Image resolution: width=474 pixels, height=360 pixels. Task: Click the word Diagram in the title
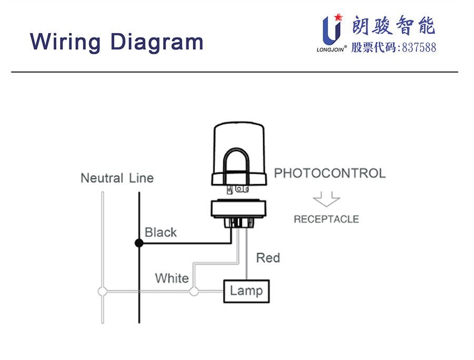pyautogui.click(x=157, y=41)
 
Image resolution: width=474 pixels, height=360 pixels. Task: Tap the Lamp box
pyautogui.click(x=246, y=291)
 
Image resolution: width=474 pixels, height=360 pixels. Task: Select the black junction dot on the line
pyautogui.click(x=139, y=243)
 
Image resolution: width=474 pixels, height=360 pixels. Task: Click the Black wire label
pyautogui.click(x=161, y=232)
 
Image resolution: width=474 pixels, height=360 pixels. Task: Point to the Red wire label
pyautogui.click(x=268, y=258)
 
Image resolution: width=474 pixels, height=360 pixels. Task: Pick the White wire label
pyautogui.click(x=172, y=278)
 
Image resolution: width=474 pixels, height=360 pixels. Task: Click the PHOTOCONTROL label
pyautogui.click(x=330, y=173)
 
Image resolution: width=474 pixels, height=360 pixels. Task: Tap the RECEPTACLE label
pyautogui.click(x=326, y=219)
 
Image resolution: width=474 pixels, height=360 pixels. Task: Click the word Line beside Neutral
pyautogui.click(x=141, y=178)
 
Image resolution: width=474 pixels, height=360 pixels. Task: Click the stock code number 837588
pyautogui.click(x=419, y=48)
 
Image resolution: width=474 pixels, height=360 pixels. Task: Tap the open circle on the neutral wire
pyautogui.click(x=103, y=291)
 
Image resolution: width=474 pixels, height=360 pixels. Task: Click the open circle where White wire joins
pyautogui.click(x=194, y=291)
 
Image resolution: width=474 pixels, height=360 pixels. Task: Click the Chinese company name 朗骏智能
pyautogui.click(x=393, y=25)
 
